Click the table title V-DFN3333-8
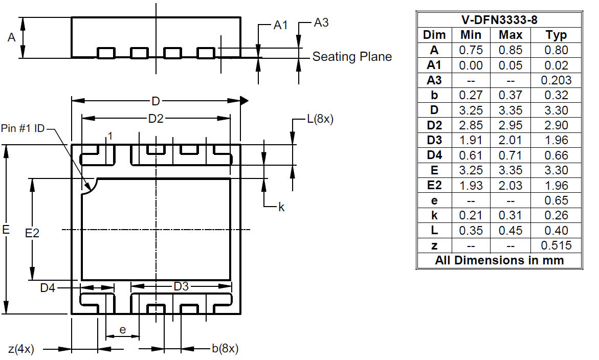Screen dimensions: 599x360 (x=499, y=20)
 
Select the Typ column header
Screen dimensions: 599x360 (x=556, y=35)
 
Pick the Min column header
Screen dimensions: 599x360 (x=471, y=35)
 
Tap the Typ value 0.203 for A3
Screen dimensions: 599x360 (x=556, y=80)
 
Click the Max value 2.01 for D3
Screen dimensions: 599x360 (x=511, y=140)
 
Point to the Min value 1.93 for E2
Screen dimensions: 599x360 (x=471, y=185)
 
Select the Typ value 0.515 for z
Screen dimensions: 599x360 (x=556, y=245)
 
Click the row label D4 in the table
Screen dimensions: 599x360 (x=434, y=155)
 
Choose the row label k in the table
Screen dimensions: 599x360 (x=434, y=215)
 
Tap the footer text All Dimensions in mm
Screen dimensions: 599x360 (x=499, y=260)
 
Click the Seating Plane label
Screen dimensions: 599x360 (x=352, y=56)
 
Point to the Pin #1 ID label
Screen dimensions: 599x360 (x=23, y=128)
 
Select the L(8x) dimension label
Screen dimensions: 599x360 (x=320, y=119)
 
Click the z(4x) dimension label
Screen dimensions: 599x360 (x=21, y=349)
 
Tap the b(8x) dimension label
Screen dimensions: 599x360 (x=225, y=348)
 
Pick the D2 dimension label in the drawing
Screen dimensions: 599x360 (x=156, y=119)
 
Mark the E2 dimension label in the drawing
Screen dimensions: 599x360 (x=32, y=233)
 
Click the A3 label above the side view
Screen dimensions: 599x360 (x=321, y=23)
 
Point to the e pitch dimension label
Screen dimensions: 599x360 (x=123, y=330)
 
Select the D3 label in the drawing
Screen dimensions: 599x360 (x=181, y=286)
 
